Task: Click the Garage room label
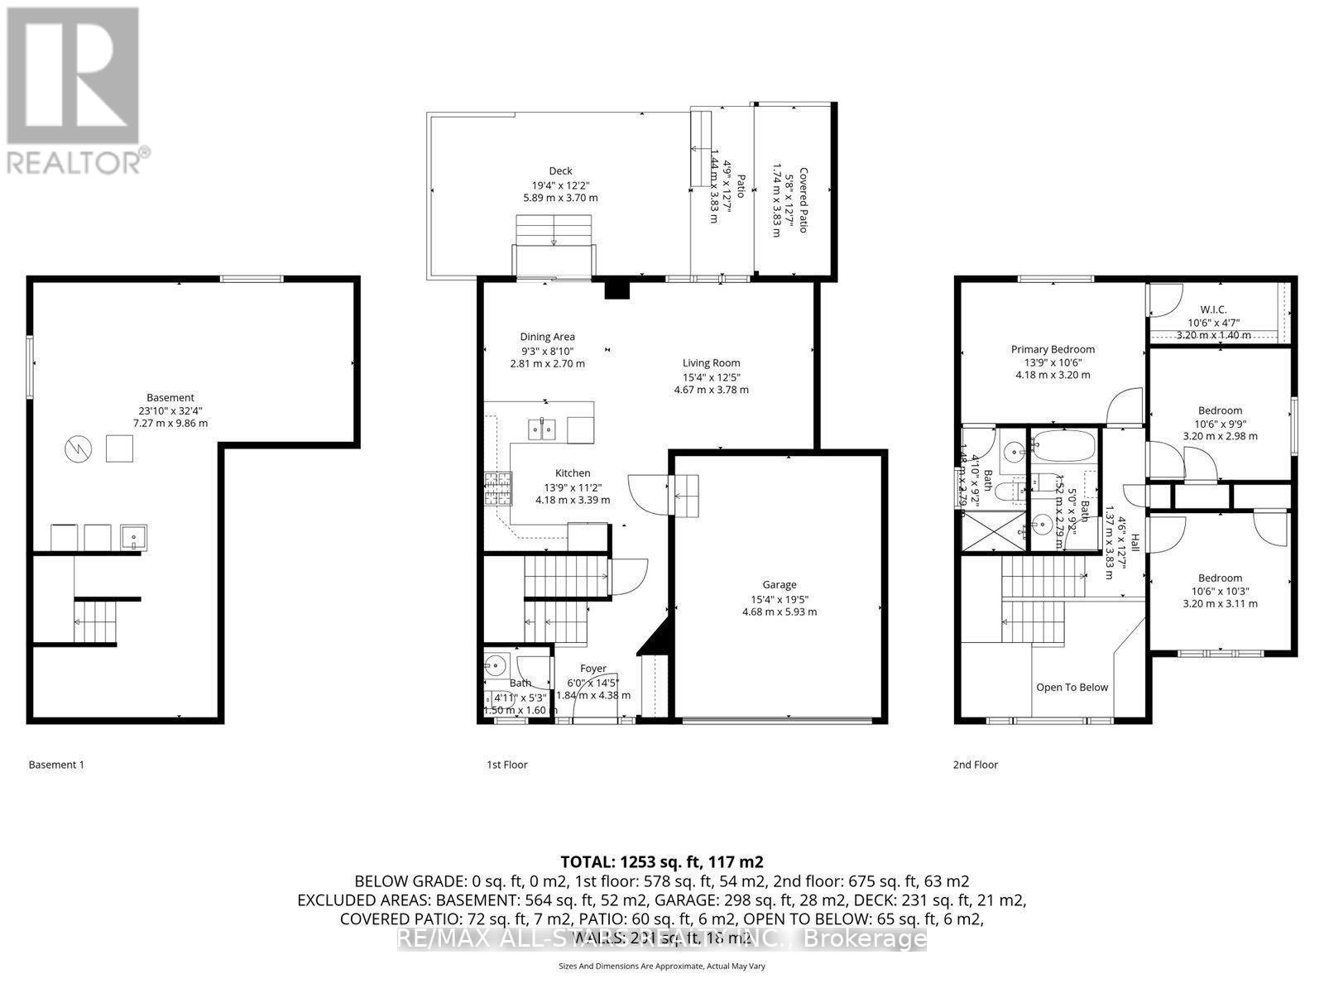point(779,584)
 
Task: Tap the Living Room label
point(711,362)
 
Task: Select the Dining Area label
point(547,337)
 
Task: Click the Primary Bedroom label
point(1053,349)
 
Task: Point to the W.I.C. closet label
point(1213,309)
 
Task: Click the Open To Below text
point(1072,687)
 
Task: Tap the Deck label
point(560,171)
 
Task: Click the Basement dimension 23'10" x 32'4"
point(170,410)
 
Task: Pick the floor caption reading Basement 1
point(56,765)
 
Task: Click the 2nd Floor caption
point(975,765)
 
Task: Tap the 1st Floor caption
point(506,765)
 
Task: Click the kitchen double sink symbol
point(543,429)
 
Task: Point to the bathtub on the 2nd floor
point(1063,448)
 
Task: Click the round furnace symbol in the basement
point(76,449)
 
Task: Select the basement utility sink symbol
point(133,538)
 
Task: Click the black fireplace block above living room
point(617,289)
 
